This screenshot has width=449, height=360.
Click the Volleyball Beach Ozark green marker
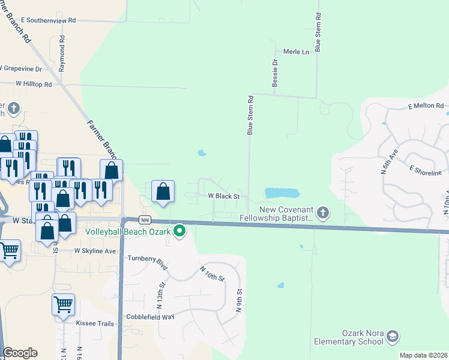click(179, 231)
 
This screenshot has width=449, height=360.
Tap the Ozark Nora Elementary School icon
click(393, 336)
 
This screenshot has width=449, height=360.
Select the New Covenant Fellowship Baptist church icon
click(323, 212)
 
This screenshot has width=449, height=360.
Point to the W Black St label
click(224, 196)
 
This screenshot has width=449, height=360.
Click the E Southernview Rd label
click(49, 20)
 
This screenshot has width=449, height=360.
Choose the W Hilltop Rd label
click(34, 84)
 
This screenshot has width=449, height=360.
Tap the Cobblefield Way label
click(149, 316)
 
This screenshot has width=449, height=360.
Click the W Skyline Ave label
click(95, 251)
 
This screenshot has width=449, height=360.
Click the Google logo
click(20, 353)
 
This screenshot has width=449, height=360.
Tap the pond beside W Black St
click(282, 193)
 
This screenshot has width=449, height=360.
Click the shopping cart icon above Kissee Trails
click(63, 305)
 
